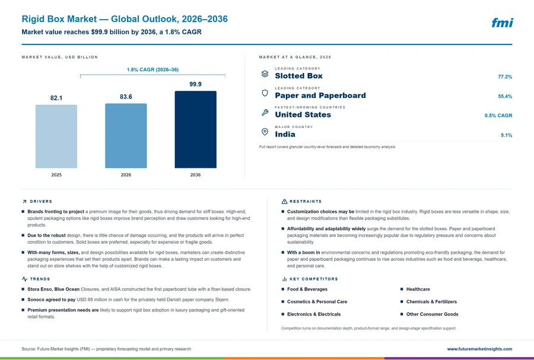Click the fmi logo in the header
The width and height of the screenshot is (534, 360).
click(502, 23)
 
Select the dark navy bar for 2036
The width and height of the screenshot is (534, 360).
click(195, 129)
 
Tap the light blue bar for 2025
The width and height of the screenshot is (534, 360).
click(56, 136)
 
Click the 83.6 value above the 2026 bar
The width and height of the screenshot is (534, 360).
click(126, 97)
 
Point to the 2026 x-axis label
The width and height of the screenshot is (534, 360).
click(126, 175)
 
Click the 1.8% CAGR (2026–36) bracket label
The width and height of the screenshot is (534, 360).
click(152, 70)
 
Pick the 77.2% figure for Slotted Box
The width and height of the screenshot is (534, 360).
click(505, 77)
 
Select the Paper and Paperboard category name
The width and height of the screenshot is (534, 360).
click(320, 95)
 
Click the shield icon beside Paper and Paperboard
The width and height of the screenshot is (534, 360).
click(265, 93)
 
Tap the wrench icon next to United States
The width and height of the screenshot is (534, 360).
click(265, 112)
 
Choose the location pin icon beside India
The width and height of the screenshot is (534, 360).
click(265, 132)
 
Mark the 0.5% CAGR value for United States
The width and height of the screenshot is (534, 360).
click(498, 116)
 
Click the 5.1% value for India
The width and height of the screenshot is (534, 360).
click(507, 135)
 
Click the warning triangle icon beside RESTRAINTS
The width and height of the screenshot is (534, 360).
click(284, 202)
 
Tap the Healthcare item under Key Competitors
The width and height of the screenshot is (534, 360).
click(418, 289)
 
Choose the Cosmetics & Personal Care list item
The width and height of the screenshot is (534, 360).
click(317, 302)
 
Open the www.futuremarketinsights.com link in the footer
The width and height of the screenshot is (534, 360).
click(479, 349)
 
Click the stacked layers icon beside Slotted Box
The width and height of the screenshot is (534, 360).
click(265, 74)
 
